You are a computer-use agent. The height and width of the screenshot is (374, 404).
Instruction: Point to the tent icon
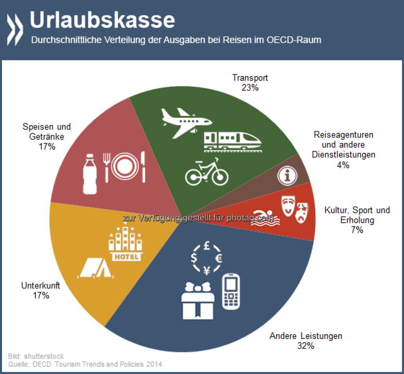coord(95,268)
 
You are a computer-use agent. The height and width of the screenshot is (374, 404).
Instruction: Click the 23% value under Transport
coord(250,87)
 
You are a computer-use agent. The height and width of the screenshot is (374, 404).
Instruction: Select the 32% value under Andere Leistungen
coord(306,346)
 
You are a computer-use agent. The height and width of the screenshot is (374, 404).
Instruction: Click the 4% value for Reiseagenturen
coord(343,165)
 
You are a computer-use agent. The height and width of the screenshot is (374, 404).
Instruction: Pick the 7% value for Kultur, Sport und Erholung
coord(357,230)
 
